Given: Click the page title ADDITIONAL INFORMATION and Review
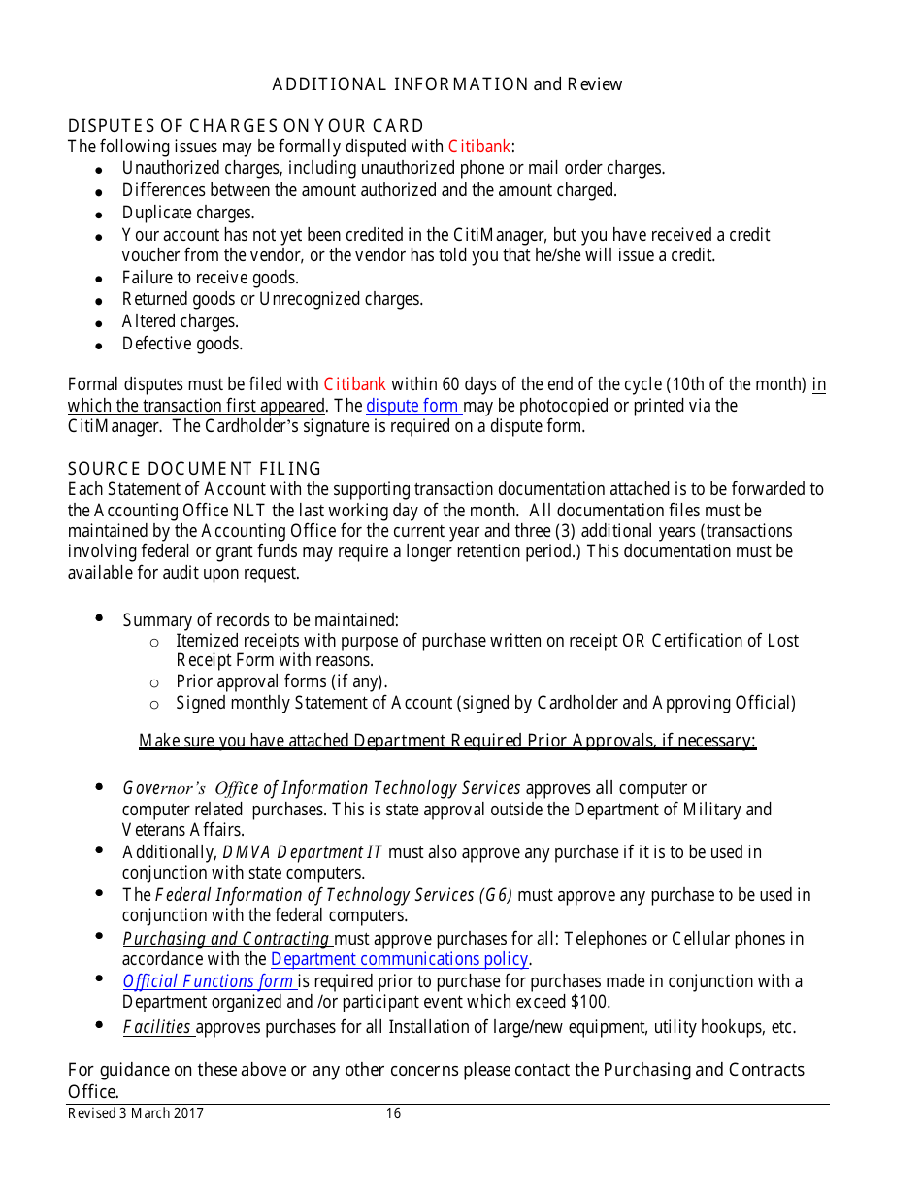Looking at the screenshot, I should (x=447, y=84).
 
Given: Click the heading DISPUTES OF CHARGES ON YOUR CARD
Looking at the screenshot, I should (x=246, y=126).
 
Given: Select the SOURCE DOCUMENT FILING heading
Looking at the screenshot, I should (x=194, y=470).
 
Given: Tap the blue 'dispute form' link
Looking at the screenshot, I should (x=412, y=406).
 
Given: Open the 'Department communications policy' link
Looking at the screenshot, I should (x=399, y=960).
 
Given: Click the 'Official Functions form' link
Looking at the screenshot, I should (x=209, y=981).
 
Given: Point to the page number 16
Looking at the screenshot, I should (x=393, y=1114).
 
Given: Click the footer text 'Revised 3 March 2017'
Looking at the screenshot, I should (x=136, y=1114).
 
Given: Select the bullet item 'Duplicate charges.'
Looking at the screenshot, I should (x=188, y=213).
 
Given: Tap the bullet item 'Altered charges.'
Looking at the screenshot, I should (x=180, y=321).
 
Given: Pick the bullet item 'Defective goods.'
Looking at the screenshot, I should (x=182, y=344).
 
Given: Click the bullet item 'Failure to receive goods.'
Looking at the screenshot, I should (x=210, y=278).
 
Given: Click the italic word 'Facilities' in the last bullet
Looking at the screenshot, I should (x=156, y=1027).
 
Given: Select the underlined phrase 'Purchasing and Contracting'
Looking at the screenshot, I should (x=226, y=939).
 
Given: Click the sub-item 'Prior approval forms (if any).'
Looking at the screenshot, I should (x=281, y=681).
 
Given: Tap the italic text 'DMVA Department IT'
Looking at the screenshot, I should (x=302, y=852).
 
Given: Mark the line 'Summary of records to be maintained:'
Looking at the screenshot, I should (x=260, y=620).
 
